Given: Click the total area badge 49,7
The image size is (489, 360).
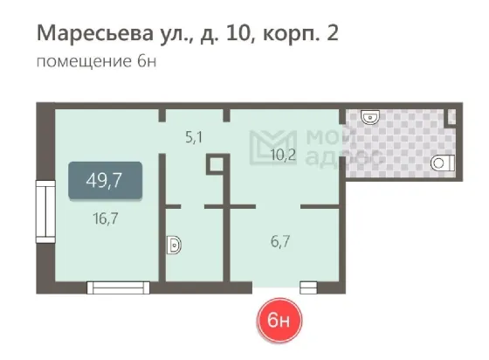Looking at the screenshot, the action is point(106,180).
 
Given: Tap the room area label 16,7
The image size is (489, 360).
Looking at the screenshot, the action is point(106,218).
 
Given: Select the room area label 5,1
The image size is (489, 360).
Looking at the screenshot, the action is point(194,137).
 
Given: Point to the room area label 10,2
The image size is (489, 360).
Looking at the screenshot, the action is point(283,155).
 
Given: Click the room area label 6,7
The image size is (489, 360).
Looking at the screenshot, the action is point(280,241).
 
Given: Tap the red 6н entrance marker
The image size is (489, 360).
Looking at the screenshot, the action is point(279,320).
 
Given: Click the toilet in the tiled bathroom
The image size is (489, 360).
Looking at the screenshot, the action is point(443,163).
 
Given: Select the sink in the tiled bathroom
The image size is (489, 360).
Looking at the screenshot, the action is point(370,117).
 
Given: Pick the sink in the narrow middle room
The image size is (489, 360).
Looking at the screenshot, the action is point(174,246).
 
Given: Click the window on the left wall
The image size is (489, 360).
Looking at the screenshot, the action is point(45,211).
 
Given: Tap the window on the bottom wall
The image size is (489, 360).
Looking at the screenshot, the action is point(118,287).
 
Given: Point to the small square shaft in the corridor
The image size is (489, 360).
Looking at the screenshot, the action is point(217,164).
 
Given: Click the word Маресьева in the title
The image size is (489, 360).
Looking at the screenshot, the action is point(95,33).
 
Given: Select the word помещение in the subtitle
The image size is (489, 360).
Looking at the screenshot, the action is point(84,62).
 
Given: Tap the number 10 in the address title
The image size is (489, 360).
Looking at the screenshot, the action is point(239,32).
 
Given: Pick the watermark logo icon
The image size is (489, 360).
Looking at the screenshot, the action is point(272,148).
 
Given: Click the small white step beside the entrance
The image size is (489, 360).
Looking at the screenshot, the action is point(308,287).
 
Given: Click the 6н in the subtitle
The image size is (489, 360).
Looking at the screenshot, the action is point(147,61).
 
